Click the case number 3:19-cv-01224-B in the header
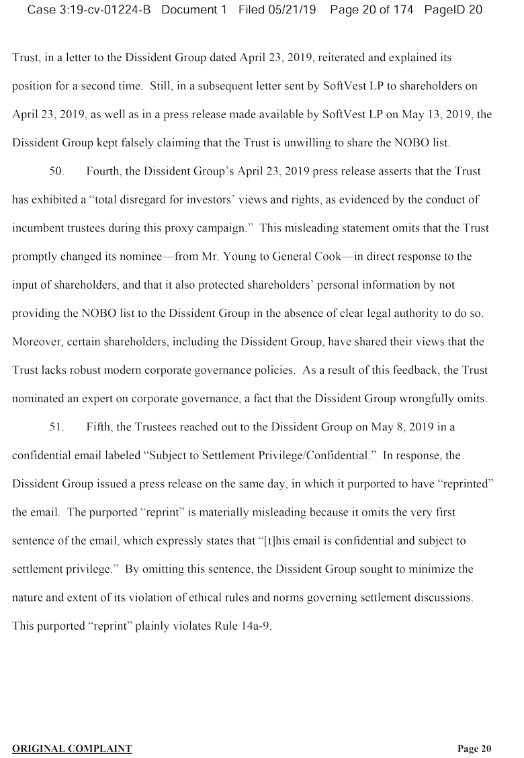point(103,10)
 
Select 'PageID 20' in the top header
point(453,10)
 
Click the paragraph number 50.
point(56,171)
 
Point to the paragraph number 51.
point(56,426)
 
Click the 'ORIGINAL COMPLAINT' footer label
point(72,749)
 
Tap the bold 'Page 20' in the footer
point(474,749)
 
